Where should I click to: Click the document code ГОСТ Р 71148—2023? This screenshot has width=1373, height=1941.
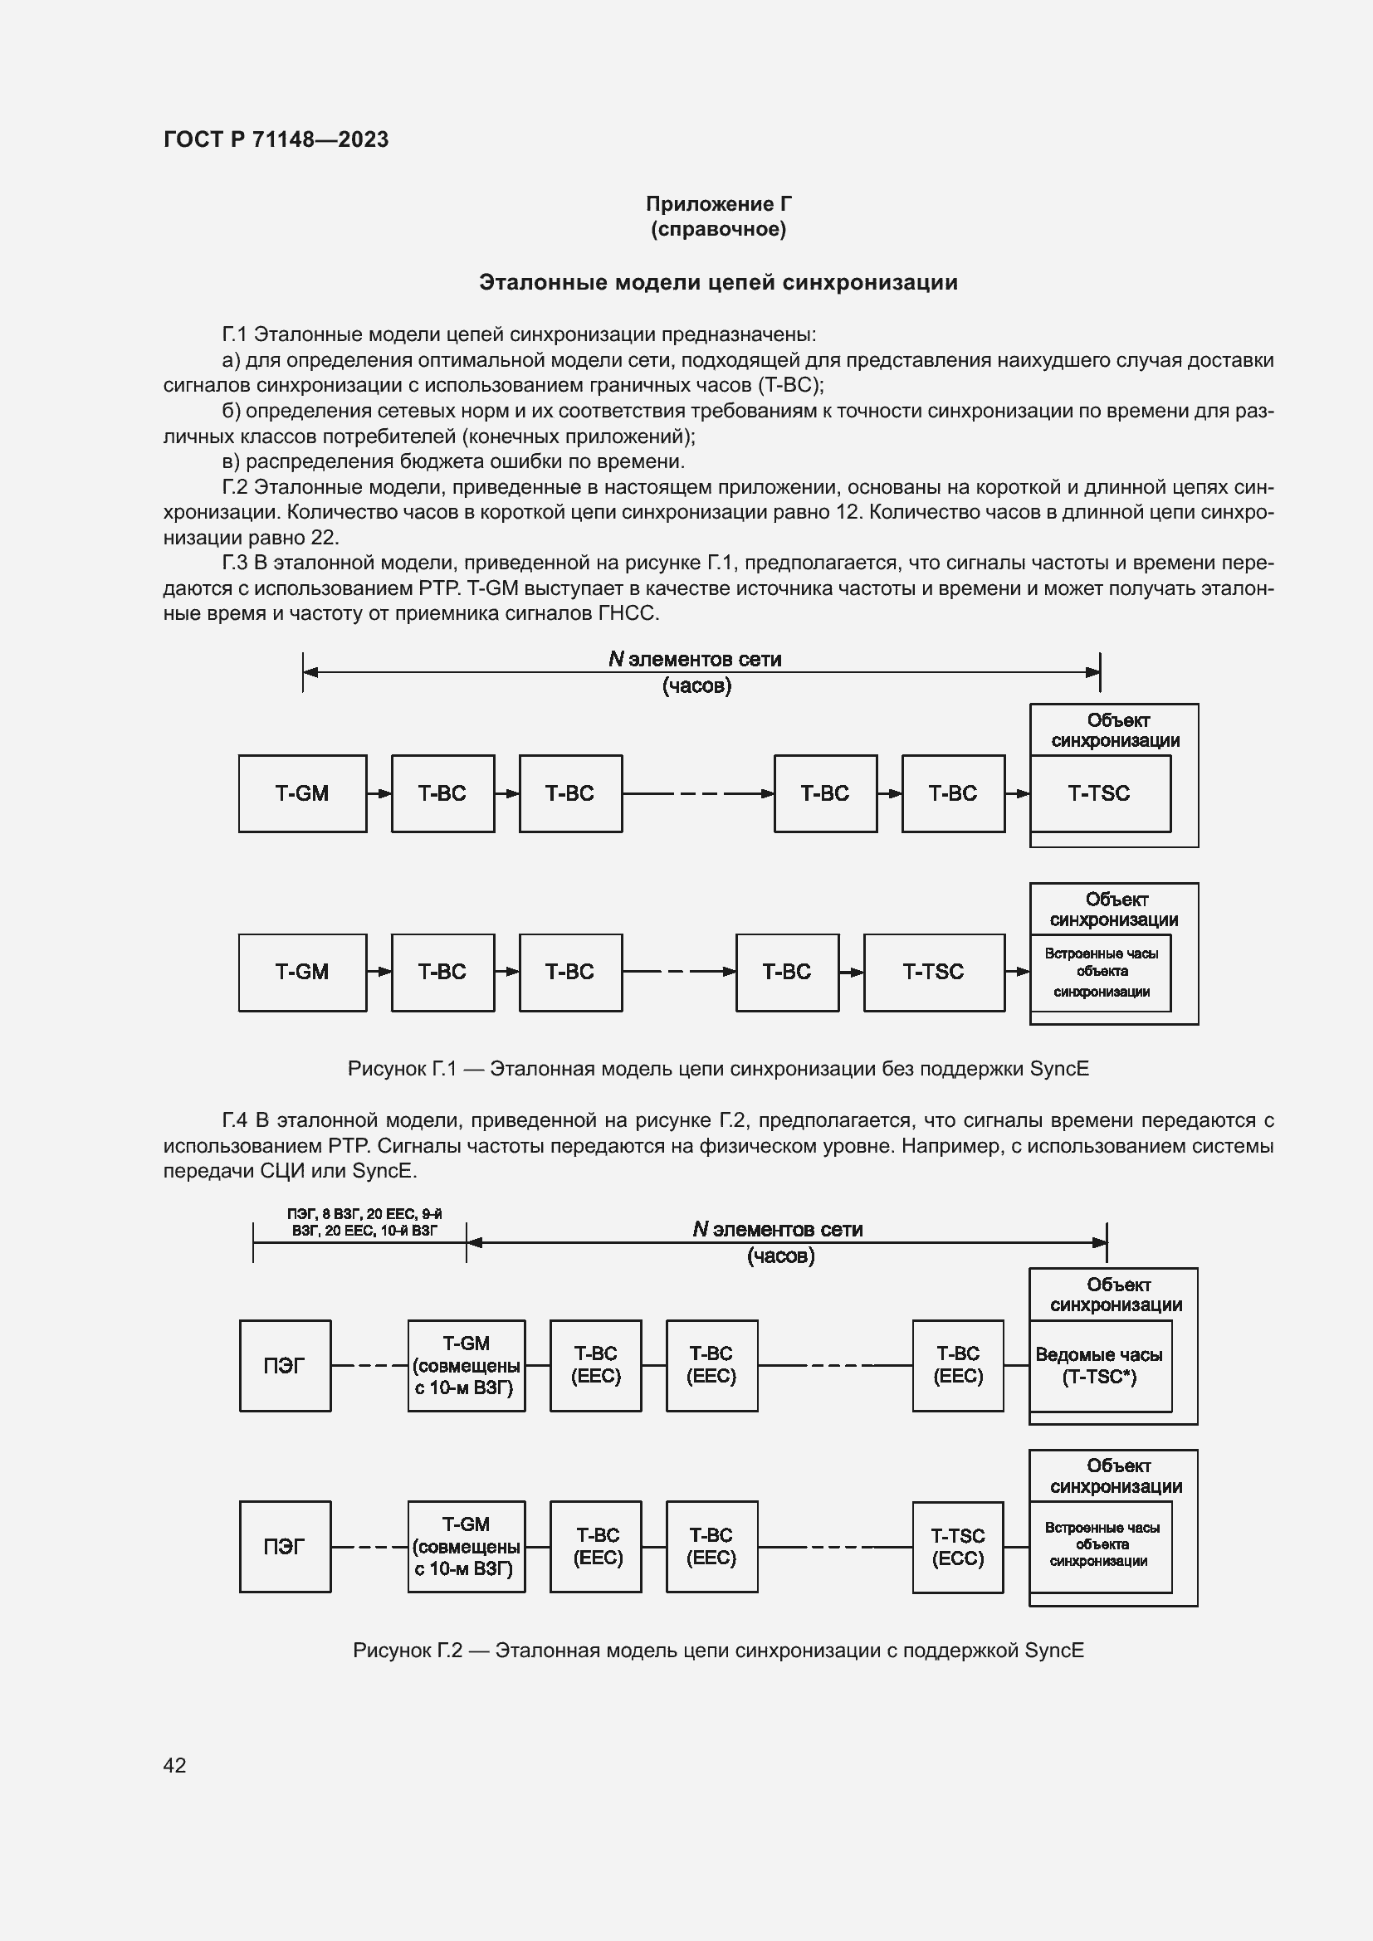(x=276, y=139)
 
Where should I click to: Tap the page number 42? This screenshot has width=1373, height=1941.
(x=174, y=1764)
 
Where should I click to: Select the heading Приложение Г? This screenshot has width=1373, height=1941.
(x=718, y=204)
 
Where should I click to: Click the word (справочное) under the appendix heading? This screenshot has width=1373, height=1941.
(x=718, y=229)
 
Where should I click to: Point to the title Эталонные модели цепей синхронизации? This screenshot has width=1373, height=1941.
(x=718, y=282)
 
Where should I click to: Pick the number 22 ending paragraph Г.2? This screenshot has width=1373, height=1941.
(x=324, y=538)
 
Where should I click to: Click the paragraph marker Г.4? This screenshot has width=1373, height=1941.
(x=235, y=1121)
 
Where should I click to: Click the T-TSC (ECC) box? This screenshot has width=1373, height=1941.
(x=957, y=1547)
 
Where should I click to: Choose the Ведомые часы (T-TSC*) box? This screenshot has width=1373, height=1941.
(x=1099, y=1366)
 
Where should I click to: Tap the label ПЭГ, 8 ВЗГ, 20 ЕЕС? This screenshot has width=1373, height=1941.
(x=364, y=1222)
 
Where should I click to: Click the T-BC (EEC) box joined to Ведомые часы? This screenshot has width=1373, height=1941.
(x=957, y=1365)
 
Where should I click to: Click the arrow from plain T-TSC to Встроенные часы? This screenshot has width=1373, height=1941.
(x=1018, y=973)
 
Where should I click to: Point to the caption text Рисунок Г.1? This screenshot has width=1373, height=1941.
(x=402, y=1070)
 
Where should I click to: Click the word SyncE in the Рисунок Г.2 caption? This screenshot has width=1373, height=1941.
(x=1053, y=1651)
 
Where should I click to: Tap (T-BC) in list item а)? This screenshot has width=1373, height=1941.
(x=789, y=386)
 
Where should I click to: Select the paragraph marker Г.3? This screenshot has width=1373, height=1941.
(x=235, y=563)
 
